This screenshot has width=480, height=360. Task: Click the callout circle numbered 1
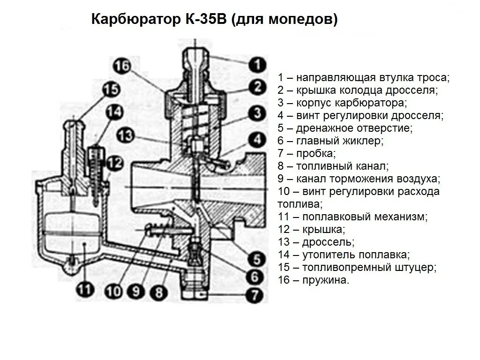click(x=256, y=65)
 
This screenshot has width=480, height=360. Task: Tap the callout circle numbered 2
click(x=257, y=87)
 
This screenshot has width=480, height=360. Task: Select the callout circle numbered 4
click(x=257, y=139)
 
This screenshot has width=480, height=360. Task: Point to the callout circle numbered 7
click(x=255, y=295)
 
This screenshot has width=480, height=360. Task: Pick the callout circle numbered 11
click(x=84, y=290)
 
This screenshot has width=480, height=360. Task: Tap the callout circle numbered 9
click(x=136, y=292)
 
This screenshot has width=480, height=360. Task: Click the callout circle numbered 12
click(x=114, y=163)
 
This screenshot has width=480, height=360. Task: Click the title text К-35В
click(x=202, y=20)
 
